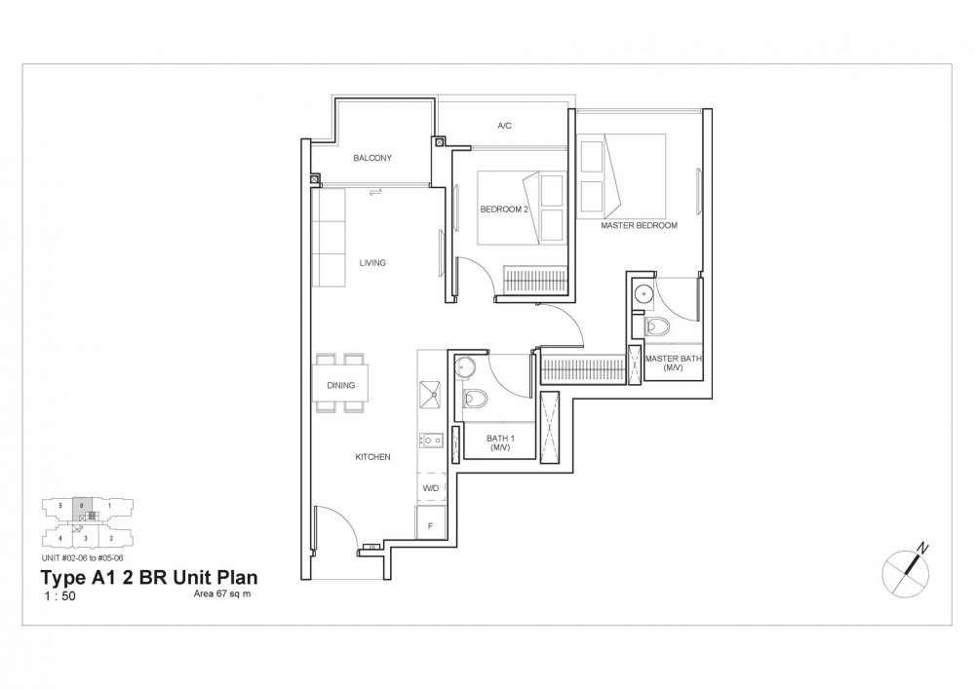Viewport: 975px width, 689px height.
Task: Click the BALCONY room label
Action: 372,158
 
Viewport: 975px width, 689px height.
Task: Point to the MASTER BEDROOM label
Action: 639,225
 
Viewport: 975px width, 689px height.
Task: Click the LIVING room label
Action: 371,262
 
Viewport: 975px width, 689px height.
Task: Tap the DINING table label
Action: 340,385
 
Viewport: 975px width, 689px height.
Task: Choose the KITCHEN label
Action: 372,456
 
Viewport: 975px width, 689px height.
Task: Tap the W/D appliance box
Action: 429,487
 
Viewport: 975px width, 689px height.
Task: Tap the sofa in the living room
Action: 328,239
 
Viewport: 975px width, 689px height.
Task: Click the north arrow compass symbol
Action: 909,566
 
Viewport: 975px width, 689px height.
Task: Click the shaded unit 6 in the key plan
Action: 84,507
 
